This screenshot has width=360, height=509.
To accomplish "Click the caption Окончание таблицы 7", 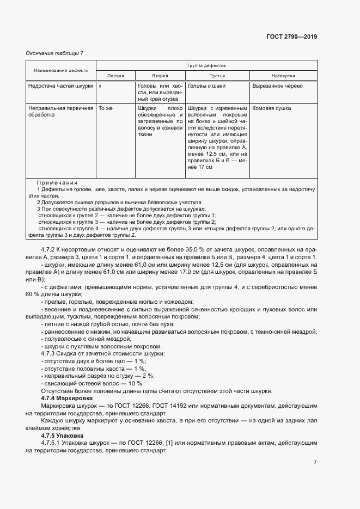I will click(54, 53).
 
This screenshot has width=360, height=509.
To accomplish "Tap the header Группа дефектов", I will click(206, 65).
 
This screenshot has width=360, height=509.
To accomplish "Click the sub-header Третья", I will click(217, 76).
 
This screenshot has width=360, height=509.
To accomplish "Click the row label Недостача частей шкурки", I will click(60, 86).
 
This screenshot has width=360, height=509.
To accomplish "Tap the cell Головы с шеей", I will click(206, 86).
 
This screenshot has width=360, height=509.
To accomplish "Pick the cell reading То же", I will click(105, 108).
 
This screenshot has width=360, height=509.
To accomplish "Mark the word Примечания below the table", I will click(57, 182).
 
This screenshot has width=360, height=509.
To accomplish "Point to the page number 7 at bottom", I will click(315, 462).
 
